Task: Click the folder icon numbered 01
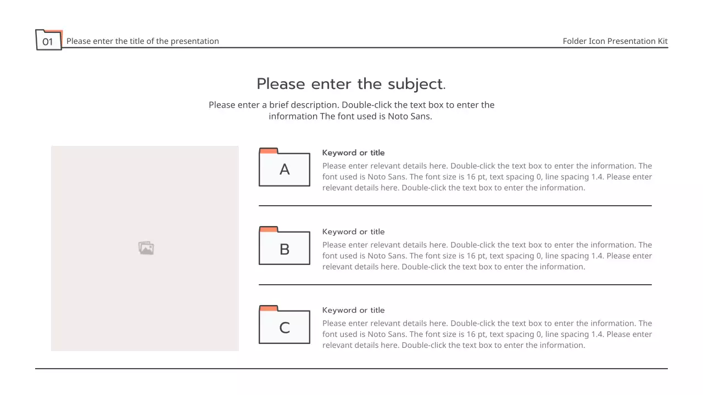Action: coord(49,40)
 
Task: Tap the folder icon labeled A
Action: coord(284,167)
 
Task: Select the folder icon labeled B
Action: coord(284,245)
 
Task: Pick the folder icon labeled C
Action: coord(284,324)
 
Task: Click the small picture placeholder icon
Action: coord(146,248)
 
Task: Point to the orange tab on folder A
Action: coord(269,151)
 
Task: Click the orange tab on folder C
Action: coord(269,308)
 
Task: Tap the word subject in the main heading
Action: coord(416,84)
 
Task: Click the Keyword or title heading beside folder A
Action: coord(353,153)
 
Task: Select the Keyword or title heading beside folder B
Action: coord(353,232)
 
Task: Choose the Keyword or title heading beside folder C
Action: coord(353,310)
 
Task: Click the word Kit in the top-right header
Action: coord(662,41)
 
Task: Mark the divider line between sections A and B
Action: coord(455,206)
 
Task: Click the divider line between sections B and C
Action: coord(455,285)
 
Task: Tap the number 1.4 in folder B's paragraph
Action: coord(597,256)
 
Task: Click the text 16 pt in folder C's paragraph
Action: coord(476,334)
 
